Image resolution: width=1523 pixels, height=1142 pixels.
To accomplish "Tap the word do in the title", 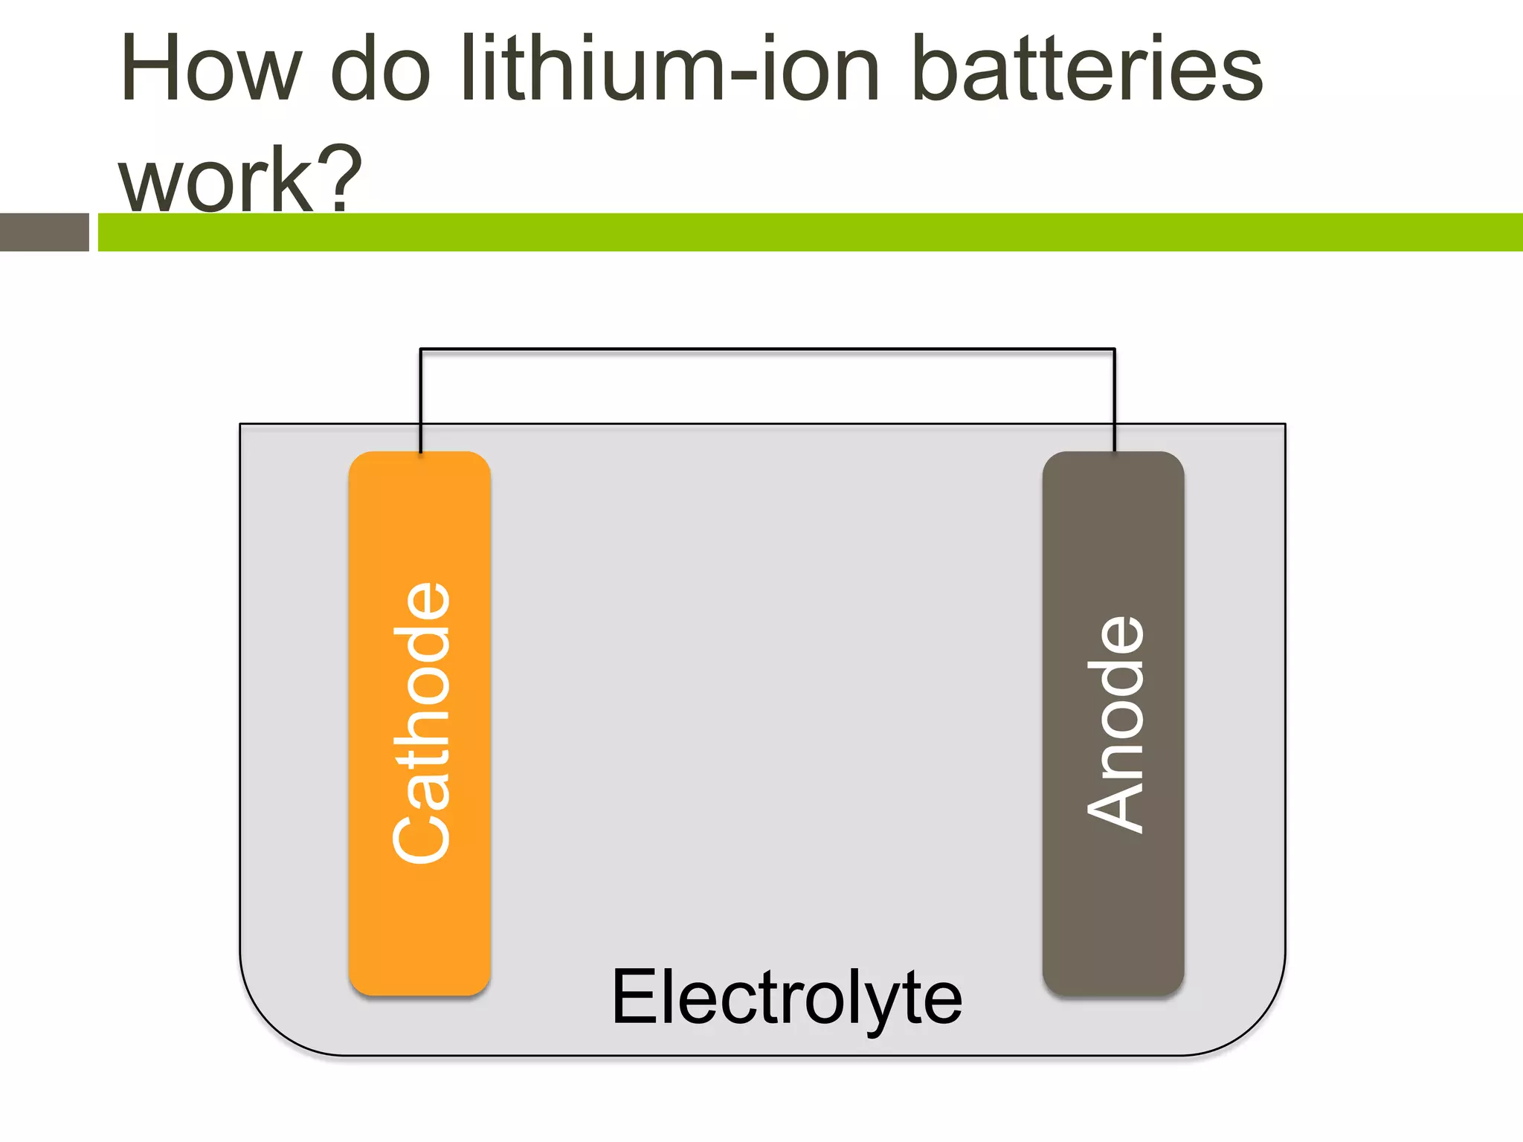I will click(x=380, y=68).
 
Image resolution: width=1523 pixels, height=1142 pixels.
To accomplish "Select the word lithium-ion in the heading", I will click(x=670, y=68).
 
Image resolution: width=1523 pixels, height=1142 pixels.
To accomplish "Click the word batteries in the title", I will click(x=1086, y=68).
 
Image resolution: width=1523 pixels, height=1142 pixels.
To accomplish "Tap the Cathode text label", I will click(x=421, y=723).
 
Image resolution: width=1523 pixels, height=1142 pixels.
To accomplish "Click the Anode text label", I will click(x=1114, y=724).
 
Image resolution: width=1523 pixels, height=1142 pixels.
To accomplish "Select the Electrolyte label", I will click(x=786, y=997).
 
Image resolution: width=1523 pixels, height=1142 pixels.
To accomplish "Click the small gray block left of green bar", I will click(x=44, y=232).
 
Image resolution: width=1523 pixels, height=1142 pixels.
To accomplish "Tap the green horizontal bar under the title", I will click(x=810, y=232).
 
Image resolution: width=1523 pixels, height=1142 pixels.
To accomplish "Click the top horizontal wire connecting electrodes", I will click(x=767, y=349).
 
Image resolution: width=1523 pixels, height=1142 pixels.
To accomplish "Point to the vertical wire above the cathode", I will click(x=420, y=401).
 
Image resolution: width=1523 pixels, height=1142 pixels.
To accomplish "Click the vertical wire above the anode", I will click(x=1114, y=401).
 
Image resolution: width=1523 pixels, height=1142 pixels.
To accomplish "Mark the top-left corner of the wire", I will click(x=421, y=349).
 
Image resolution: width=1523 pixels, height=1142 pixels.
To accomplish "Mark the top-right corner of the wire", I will click(x=1114, y=349).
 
